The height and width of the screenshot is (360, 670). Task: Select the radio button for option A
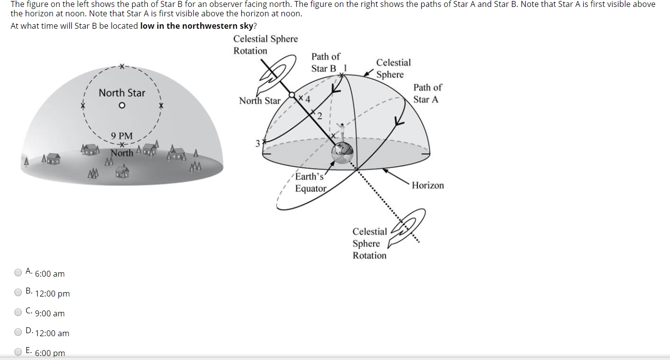pos(18,272)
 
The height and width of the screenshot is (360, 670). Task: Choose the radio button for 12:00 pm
pos(18,292)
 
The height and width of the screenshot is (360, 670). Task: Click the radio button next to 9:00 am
pos(18,312)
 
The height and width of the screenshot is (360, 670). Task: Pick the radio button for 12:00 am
pos(18,332)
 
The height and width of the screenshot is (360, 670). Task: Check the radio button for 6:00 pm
pos(18,352)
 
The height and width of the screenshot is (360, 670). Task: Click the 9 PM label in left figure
pos(122,135)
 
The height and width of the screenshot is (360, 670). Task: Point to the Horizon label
pos(428,185)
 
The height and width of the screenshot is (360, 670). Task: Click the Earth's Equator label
pos(310,182)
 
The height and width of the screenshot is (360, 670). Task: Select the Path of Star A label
pos(427,93)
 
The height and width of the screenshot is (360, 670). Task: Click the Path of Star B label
pos(325,62)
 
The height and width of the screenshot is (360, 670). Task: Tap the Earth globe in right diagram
pos(342,151)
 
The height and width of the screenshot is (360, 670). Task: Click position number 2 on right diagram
pos(320,117)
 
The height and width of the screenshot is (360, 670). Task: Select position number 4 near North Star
pos(308,99)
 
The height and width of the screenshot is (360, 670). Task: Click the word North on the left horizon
pos(122,153)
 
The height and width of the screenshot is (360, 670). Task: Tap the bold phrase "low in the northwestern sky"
pos(196,26)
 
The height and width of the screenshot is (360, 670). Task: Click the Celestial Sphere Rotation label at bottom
pos(370,243)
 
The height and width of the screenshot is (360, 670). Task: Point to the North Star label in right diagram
pos(260,101)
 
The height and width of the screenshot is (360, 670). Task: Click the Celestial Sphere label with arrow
pos(393,68)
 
